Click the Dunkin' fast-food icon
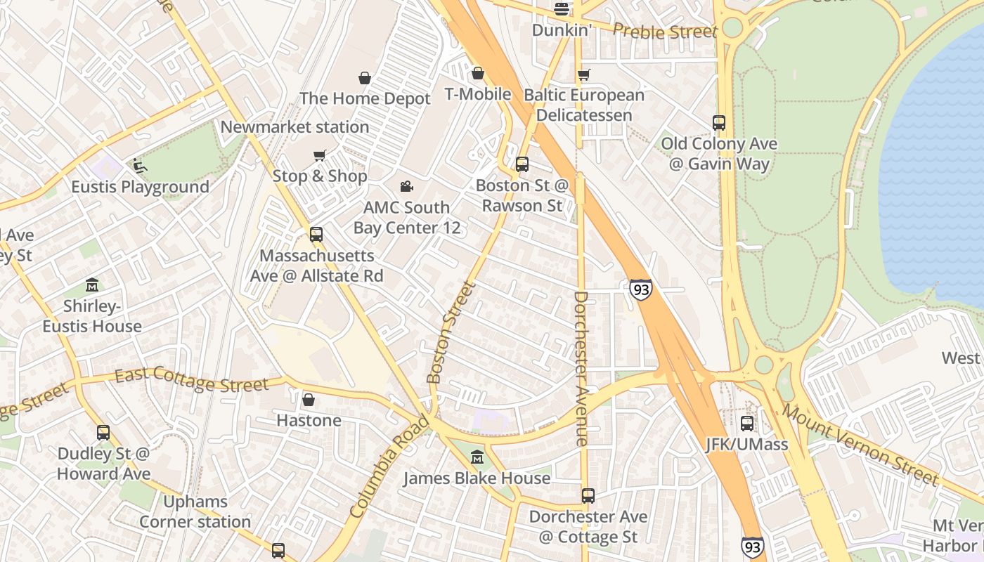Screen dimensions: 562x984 tap(561, 9)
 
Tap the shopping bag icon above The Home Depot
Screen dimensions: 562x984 tap(364, 77)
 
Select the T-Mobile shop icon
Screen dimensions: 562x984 tap(478, 73)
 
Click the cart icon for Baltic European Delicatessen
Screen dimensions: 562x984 tap(583, 74)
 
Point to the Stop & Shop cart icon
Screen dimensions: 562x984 tap(320, 155)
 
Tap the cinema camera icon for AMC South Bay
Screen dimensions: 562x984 tap(406, 186)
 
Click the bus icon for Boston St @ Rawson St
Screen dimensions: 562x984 tap(522, 164)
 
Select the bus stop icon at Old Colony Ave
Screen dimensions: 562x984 tap(718, 123)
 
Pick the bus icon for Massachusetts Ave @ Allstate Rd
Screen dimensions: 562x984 tap(316, 235)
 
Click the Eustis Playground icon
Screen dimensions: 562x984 tap(139, 166)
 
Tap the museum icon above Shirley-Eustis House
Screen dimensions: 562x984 tap(92, 285)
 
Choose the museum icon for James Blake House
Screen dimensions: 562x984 tap(477, 457)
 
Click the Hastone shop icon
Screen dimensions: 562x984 tap(308, 400)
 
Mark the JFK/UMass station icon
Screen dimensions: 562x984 tap(746, 424)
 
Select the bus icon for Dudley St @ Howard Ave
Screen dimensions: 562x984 tap(103, 433)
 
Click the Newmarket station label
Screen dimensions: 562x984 tap(294, 127)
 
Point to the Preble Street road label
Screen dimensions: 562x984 tap(665, 31)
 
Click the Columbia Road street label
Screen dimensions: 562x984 tap(388, 467)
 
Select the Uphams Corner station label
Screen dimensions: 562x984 tap(195, 512)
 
